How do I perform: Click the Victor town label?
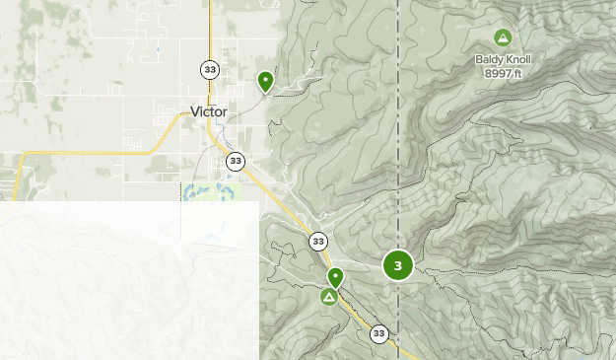[209, 111]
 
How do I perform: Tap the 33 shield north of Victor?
[210, 69]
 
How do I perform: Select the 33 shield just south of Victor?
[235, 161]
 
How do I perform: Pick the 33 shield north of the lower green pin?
[317, 241]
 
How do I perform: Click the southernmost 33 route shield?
[379, 334]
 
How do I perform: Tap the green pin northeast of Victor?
[265, 81]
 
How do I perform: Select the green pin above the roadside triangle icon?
[335, 277]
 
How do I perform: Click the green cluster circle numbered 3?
[397, 265]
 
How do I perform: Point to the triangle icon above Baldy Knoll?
[503, 38]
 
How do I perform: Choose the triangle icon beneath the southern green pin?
[329, 296]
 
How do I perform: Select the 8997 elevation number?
[498, 72]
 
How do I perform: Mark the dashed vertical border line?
[398, 148]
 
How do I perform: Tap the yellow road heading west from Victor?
[89, 153]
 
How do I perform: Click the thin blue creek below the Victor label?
[226, 131]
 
